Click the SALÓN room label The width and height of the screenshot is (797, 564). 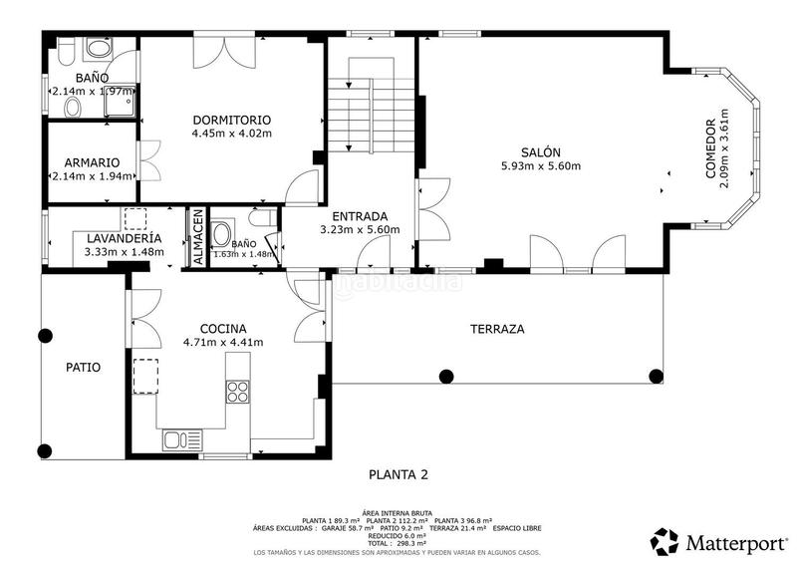tap(540, 151)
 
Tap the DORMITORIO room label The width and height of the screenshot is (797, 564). tap(232, 120)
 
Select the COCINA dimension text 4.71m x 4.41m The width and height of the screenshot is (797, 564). tap(223, 343)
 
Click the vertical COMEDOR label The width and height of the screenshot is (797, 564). tap(710, 150)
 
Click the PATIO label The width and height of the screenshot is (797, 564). tap(84, 367)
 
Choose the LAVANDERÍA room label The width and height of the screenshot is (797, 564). tap(124, 239)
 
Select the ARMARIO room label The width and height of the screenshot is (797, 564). tap(93, 162)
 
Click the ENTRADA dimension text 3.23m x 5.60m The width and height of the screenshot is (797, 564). tap(360, 230)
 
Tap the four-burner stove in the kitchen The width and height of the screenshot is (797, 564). tap(238, 392)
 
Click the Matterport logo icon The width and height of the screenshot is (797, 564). tap(664, 542)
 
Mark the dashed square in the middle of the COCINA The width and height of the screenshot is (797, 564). tap(145, 375)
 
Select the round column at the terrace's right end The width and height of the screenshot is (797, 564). tap(656, 376)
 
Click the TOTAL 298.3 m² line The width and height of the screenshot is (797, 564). tap(398, 543)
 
